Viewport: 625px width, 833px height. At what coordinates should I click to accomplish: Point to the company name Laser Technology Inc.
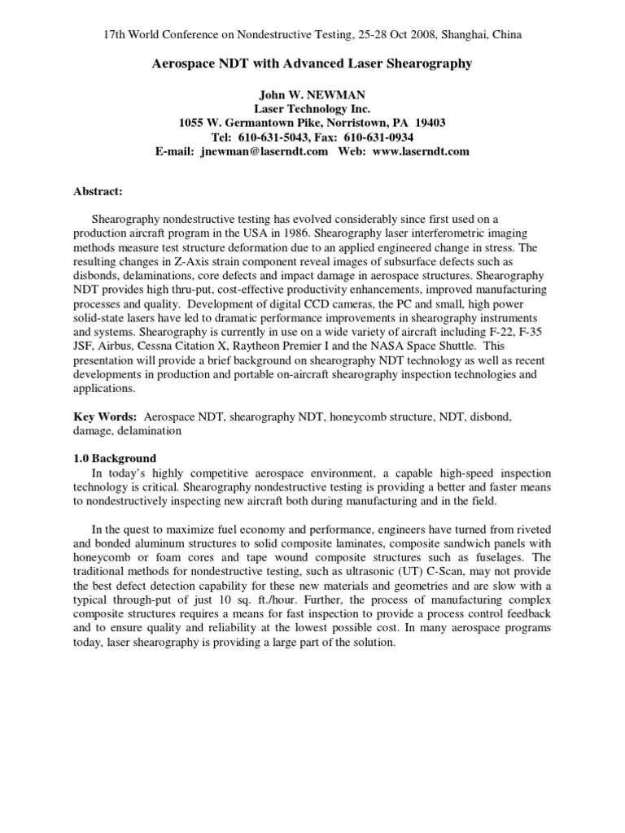click(x=312, y=108)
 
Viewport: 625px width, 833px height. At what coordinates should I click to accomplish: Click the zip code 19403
click(x=429, y=123)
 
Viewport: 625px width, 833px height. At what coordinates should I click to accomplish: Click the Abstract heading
click(x=98, y=191)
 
